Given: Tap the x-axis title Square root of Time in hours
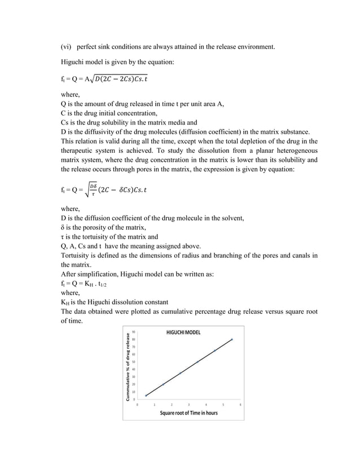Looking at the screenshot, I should click(x=188, y=413).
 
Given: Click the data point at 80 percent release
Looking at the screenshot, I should click(x=232, y=339).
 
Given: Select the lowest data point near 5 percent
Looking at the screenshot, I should click(x=146, y=395).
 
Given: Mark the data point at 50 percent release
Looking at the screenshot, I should click(x=197, y=362).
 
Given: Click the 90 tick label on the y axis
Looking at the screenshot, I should click(x=133, y=332).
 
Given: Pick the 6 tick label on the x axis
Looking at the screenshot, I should click(x=241, y=405).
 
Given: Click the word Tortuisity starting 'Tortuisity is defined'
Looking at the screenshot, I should click(x=77, y=255).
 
